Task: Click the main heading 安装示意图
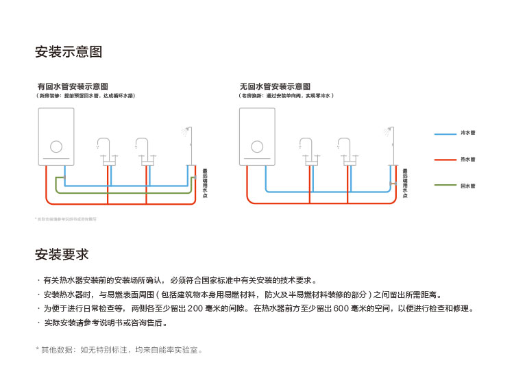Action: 69,52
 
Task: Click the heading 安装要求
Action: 62,254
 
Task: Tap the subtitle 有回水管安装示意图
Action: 73,87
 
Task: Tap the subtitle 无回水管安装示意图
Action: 275,87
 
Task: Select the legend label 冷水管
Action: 468,133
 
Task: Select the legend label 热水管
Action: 468,160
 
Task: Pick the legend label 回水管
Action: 468,186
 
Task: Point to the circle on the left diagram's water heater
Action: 56,147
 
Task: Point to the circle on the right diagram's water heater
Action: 257,147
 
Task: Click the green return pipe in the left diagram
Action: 123,194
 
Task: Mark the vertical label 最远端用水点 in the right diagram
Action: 405,184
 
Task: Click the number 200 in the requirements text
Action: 195,309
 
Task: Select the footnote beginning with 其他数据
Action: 121,350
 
